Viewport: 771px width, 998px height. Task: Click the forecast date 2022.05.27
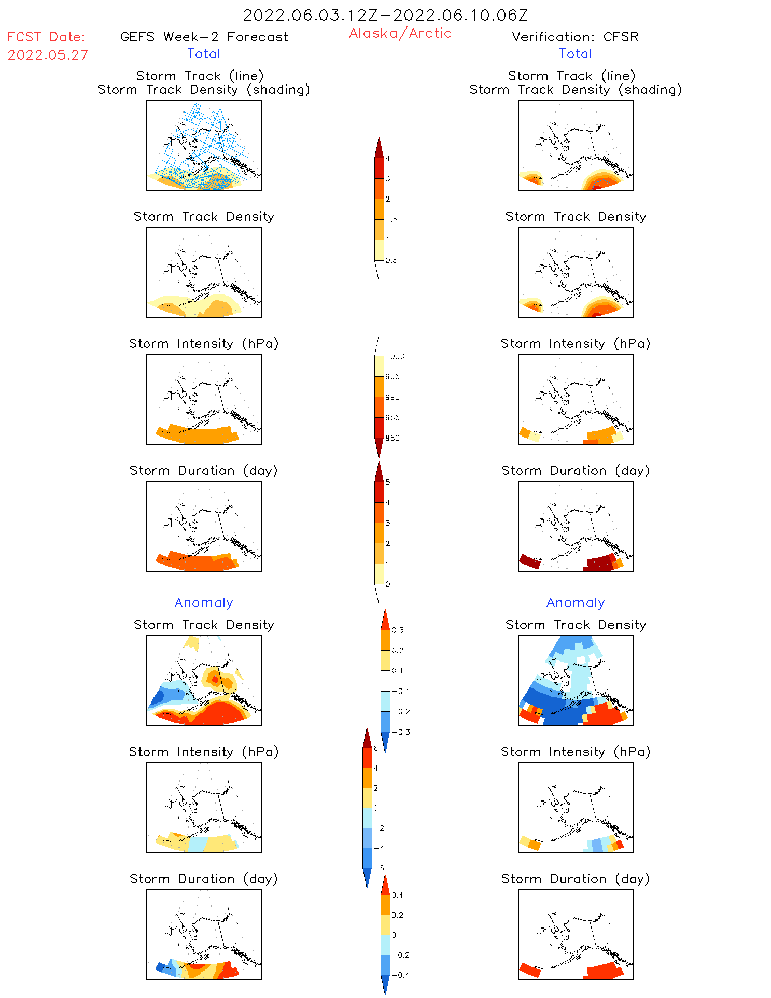tap(48, 55)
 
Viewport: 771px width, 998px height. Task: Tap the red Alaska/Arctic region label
tap(400, 33)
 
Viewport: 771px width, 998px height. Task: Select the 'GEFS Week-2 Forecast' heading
tap(204, 37)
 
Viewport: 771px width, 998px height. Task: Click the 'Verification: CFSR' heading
tap(575, 37)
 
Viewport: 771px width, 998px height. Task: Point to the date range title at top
tap(385, 15)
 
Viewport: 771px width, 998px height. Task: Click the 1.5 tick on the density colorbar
tap(391, 219)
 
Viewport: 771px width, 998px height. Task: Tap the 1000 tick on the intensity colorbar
tap(395, 356)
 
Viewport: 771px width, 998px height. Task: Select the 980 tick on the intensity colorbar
tap(392, 438)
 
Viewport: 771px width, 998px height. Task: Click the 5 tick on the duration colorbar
tap(388, 482)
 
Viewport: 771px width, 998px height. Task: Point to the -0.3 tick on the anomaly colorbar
tap(400, 732)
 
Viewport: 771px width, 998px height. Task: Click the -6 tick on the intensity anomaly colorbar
tap(379, 868)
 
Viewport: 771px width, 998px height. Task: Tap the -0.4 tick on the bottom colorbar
tap(400, 975)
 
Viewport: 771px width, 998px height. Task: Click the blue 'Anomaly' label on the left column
tap(204, 602)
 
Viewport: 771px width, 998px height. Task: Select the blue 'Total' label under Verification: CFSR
tap(575, 53)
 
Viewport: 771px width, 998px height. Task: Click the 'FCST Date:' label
tap(46, 37)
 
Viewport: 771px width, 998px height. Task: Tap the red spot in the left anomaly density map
tap(215, 679)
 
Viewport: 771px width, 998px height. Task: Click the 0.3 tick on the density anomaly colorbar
tap(397, 630)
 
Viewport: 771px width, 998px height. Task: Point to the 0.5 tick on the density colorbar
tap(391, 260)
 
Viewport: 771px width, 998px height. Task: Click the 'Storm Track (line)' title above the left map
tap(200, 76)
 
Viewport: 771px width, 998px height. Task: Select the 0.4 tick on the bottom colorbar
tap(397, 895)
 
